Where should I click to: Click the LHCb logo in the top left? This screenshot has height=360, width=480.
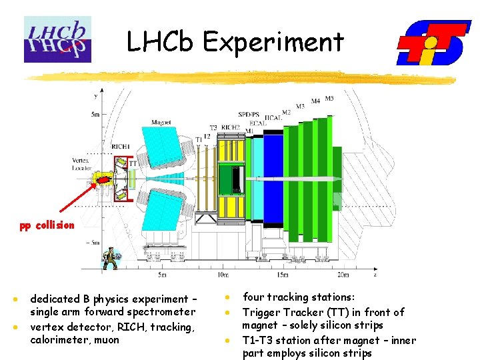pyautogui.click(x=57, y=39)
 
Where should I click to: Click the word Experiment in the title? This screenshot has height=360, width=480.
pyautogui.click(x=273, y=42)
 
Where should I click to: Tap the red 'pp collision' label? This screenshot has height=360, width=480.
pyautogui.click(x=47, y=225)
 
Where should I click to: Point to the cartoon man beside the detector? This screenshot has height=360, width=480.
pyautogui.click(x=109, y=257)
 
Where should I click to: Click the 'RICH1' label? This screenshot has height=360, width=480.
pyautogui.click(x=121, y=146)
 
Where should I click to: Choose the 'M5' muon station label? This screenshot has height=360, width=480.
pyautogui.click(x=329, y=99)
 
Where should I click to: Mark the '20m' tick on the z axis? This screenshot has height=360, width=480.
pyautogui.click(x=343, y=275)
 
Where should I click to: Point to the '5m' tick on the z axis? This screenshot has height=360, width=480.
pyautogui.click(x=162, y=275)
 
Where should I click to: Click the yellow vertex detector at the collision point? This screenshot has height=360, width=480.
pyautogui.click(x=105, y=179)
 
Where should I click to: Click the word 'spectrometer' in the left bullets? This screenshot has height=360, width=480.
pyautogui.click(x=162, y=311)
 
